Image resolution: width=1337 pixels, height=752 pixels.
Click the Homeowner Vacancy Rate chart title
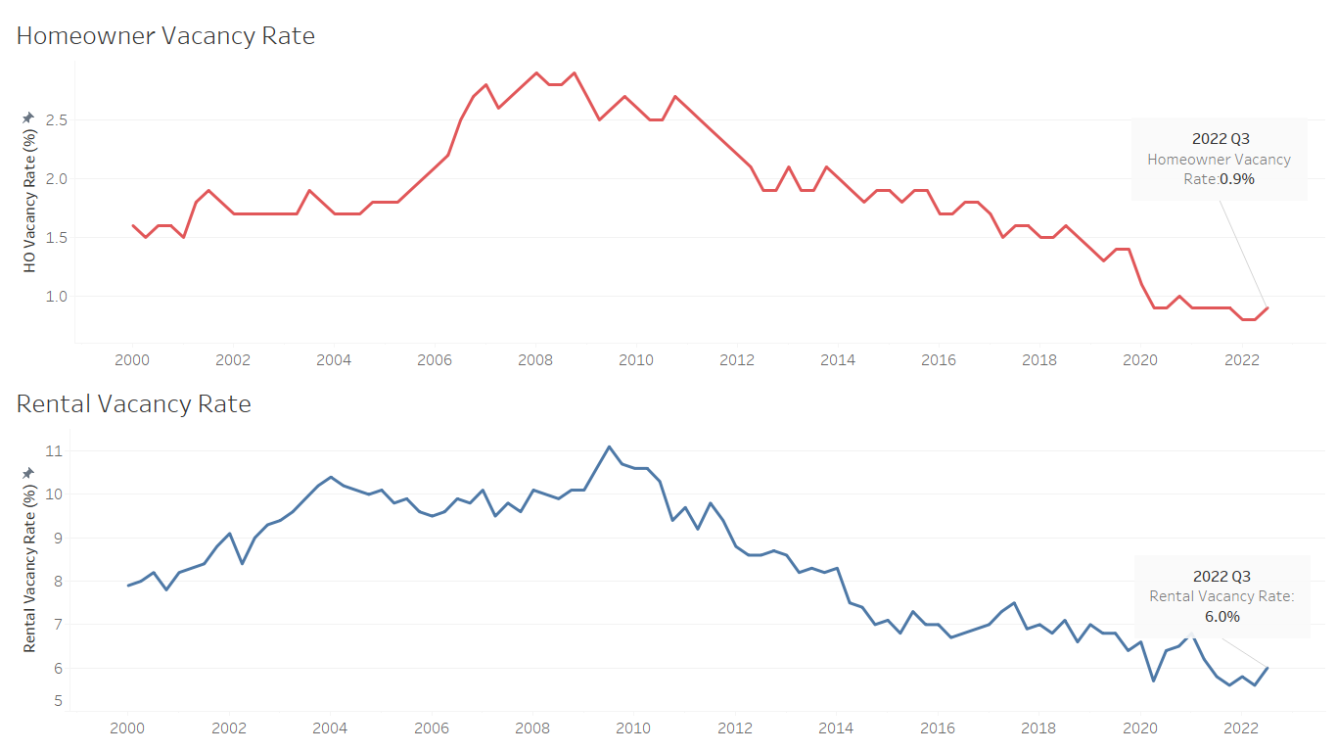click(x=165, y=36)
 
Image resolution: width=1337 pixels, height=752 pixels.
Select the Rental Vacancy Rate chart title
click(x=134, y=403)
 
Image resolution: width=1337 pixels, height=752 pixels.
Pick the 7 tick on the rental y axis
click(x=56, y=625)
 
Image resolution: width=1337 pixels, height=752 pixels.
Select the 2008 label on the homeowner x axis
click(x=535, y=359)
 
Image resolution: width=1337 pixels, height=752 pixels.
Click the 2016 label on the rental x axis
click(x=938, y=728)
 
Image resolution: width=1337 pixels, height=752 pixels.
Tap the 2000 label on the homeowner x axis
click(x=132, y=359)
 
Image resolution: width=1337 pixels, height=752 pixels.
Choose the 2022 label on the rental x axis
click(x=1241, y=728)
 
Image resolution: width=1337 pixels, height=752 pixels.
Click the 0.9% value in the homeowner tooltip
click(x=1237, y=179)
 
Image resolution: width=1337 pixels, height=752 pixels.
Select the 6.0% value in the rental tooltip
click(x=1222, y=616)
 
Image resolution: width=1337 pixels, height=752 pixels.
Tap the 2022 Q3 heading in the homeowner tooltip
click(x=1221, y=138)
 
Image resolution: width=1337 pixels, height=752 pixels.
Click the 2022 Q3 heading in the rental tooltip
click(x=1222, y=576)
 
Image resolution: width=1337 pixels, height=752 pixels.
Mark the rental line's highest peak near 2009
click(x=609, y=446)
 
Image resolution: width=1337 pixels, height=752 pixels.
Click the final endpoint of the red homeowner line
click(x=1268, y=307)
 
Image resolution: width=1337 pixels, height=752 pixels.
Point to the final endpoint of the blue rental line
click(x=1268, y=668)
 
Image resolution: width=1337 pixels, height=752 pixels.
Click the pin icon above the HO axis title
click(x=28, y=117)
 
